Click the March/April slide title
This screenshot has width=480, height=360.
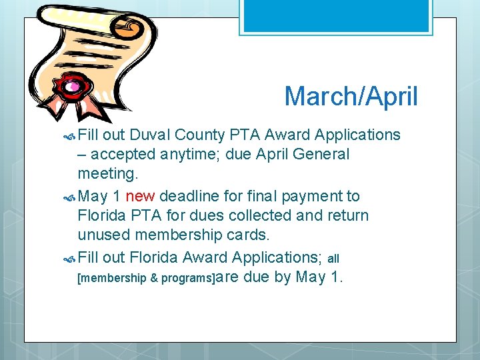(x=351, y=97)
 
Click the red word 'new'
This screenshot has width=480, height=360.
(x=140, y=196)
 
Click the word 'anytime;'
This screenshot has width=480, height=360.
(x=189, y=155)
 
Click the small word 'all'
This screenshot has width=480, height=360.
(x=334, y=258)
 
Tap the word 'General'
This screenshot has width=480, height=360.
(x=321, y=155)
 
